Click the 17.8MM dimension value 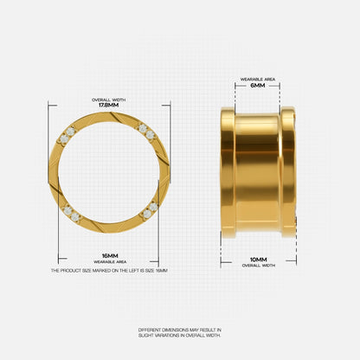tap(109, 106)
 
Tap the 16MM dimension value tap(110, 256)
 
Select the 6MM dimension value tap(258, 86)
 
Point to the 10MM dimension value tap(259, 260)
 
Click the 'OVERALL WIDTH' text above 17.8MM tap(109, 100)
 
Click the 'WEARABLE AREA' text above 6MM tap(258, 79)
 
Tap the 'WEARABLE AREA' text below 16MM tap(110, 262)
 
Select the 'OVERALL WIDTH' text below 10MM tap(259, 266)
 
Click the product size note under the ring tap(109, 271)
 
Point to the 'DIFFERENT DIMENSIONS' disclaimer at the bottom tap(180, 332)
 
